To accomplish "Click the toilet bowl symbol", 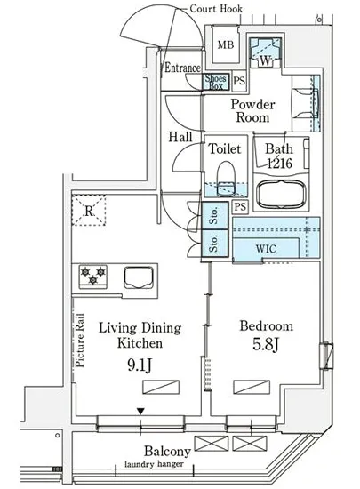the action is tap(226, 179).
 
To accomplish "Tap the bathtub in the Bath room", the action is tap(281, 195).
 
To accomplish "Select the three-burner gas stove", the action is tap(92, 276).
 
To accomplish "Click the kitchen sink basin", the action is tap(139, 277).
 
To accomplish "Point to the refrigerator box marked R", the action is tap(89, 210).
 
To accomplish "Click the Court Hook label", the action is tap(216, 8).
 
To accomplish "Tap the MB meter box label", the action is tap(226, 45).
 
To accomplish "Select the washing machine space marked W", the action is tap(266, 52).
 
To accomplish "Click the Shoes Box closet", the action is tap(216, 82).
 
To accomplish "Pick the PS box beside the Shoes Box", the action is tap(239, 81).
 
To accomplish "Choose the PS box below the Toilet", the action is tap(240, 207).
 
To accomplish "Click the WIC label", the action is tap(266, 249).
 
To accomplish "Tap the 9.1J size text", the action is tap(140, 365).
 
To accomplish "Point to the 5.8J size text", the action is tap(265, 344).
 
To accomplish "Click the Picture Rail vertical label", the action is tap(80, 341).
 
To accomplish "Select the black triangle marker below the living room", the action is tap(140, 412).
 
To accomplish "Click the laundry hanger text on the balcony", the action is tap(154, 464).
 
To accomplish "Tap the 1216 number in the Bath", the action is tap(280, 163).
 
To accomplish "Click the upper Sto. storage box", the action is tap(214, 216).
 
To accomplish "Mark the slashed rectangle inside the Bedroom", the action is tap(252, 387).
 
